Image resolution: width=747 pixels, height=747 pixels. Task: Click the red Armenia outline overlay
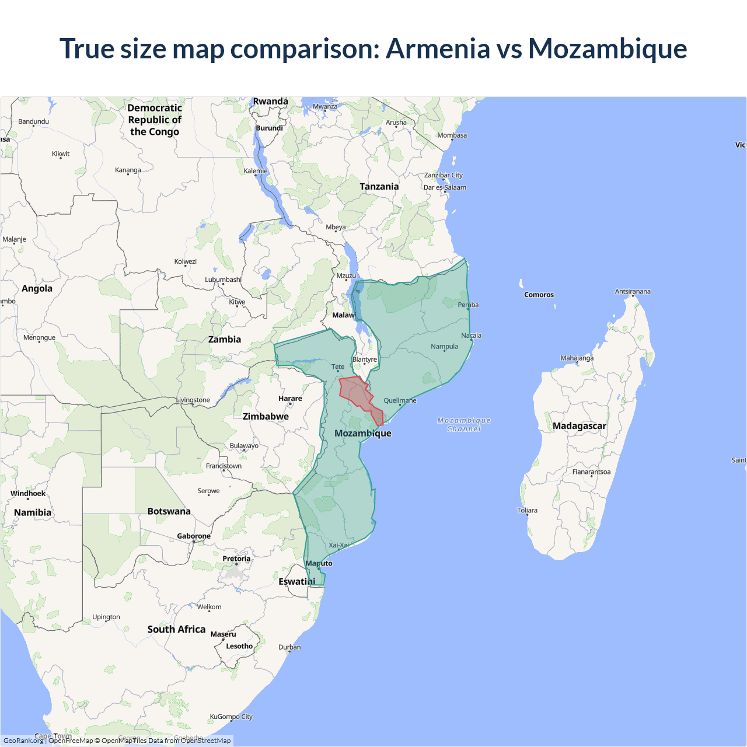(x=357, y=394)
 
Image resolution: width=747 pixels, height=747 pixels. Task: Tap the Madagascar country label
(x=579, y=426)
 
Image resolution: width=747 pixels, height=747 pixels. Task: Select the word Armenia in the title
(x=438, y=48)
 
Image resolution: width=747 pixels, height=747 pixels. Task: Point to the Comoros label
(x=539, y=295)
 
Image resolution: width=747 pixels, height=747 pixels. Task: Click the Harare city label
(x=290, y=399)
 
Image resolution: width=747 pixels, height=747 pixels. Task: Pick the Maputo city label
(x=319, y=563)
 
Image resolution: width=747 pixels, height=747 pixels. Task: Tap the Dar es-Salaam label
(x=445, y=187)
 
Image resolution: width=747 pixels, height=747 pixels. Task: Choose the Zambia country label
(x=225, y=339)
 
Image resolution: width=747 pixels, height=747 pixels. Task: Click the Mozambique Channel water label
(x=464, y=424)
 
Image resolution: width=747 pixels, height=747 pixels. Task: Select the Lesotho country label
(x=239, y=646)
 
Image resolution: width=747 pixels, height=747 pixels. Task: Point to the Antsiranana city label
(x=633, y=291)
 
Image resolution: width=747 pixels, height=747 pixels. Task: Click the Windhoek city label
(x=28, y=493)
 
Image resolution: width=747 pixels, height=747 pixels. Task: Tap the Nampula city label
(x=444, y=346)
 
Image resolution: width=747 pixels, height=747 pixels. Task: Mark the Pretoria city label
(x=236, y=558)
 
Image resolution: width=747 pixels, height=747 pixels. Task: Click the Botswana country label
(x=169, y=511)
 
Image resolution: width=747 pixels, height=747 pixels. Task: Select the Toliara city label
(x=527, y=510)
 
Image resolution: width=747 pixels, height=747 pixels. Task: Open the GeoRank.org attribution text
(x=23, y=741)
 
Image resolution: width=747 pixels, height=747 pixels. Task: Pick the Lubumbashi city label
(x=223, y=280)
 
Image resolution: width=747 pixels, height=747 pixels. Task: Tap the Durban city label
(x=289, y=647)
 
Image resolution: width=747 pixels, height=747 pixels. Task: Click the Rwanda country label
(x=270, y=102)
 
